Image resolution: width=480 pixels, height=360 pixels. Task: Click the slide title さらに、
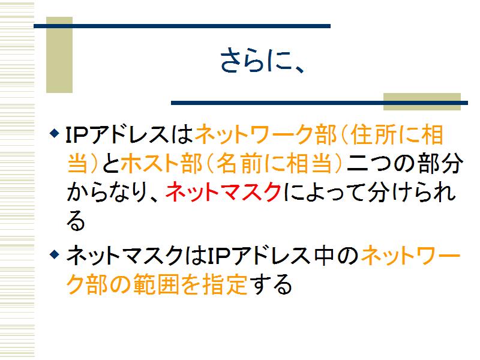[x=263, y=61]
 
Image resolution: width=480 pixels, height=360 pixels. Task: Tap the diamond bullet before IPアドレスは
[x=54, y=133]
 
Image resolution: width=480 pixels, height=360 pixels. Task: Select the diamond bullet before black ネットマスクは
[x=54, y=254]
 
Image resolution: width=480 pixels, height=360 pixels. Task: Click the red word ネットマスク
[x=223, y=192]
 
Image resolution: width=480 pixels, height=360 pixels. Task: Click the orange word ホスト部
[x=161, y=163]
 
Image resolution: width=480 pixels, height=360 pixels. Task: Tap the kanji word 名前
[x=237, y=163]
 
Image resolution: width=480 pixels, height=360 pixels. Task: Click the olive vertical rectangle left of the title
[x=59, y=55]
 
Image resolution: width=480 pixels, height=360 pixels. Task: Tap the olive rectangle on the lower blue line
[x=422, y=101]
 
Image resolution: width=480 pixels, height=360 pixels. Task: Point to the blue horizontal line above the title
[x=182, y=26]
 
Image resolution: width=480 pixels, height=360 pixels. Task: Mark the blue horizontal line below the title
[x=319, y=103]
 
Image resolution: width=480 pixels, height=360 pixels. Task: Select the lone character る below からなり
[x=76, y=221]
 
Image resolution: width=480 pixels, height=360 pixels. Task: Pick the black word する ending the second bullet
[x=270, y=284]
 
